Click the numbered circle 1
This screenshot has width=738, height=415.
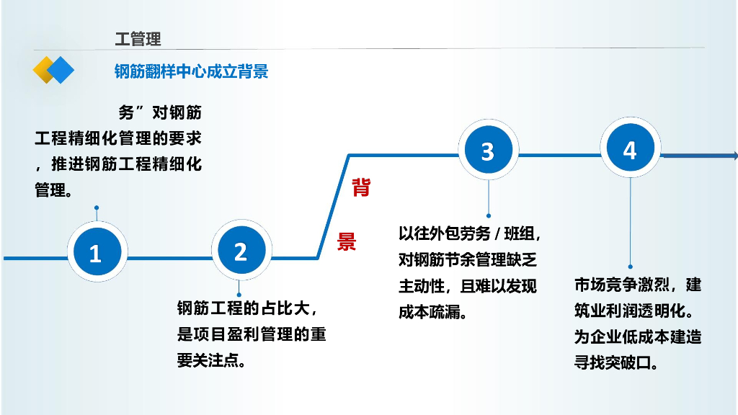coord(94,253)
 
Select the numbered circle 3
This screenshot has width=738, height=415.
coord(487,151)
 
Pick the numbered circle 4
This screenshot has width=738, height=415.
coord(630,150)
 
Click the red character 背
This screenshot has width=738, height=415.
coord(361,189)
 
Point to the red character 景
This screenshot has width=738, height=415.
coord(347,241)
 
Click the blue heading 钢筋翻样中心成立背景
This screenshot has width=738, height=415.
coord(191,71)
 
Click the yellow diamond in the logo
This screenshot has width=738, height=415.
coord(44,70)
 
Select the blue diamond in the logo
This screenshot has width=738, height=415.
coord(61,70)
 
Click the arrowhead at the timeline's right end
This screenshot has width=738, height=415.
coord(734,156)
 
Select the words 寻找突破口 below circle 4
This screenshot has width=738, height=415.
coord(610,362)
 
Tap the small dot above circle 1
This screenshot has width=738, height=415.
coord(97,208)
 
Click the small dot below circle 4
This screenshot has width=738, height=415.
coord(631,267)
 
